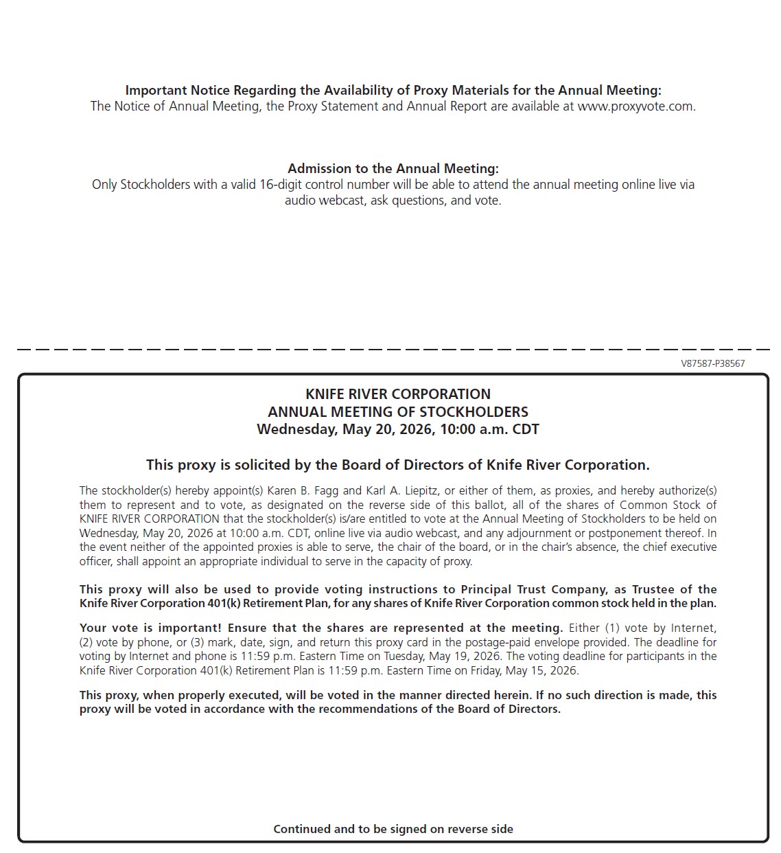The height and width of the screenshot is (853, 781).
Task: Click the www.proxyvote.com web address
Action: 636,106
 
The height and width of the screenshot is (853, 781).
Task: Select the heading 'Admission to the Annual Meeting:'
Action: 393,168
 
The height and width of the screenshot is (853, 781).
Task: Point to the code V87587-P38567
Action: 712,363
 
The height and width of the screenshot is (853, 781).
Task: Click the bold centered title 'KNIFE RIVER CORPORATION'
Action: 397,394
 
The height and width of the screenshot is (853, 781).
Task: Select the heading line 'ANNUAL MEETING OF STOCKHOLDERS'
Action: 397,412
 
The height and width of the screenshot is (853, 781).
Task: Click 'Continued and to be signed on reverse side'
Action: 393,829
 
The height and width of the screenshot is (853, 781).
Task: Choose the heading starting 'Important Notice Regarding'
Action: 393,91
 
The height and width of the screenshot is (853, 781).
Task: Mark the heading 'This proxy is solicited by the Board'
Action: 397,465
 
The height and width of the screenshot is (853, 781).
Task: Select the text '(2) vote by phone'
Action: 124,642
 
